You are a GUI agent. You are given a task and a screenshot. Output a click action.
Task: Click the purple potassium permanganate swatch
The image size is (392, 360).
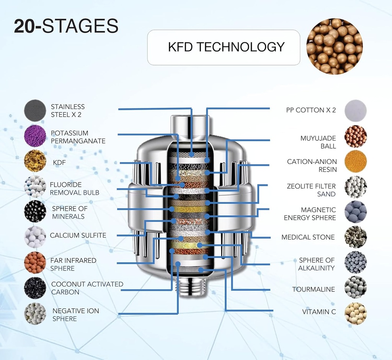[x=35, y=136]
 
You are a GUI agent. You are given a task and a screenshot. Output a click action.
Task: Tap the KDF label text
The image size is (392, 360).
[x=59, y=163]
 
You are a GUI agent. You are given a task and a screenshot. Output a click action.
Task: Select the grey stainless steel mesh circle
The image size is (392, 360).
[x=35, y=111]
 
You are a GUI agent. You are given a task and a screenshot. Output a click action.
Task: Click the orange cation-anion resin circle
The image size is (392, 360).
[x=356, y=162]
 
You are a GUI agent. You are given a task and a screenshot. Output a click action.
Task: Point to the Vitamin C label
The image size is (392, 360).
[x=319, y=312]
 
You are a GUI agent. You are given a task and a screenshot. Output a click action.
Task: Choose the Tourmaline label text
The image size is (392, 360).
[x=314, y=289]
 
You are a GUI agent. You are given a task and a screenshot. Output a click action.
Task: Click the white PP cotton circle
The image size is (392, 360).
[x=356, y=111]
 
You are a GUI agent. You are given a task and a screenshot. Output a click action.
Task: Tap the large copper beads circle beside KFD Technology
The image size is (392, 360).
[x=335, y=46]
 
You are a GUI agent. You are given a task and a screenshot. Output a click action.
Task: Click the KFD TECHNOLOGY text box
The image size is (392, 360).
[x=224, y=47]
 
